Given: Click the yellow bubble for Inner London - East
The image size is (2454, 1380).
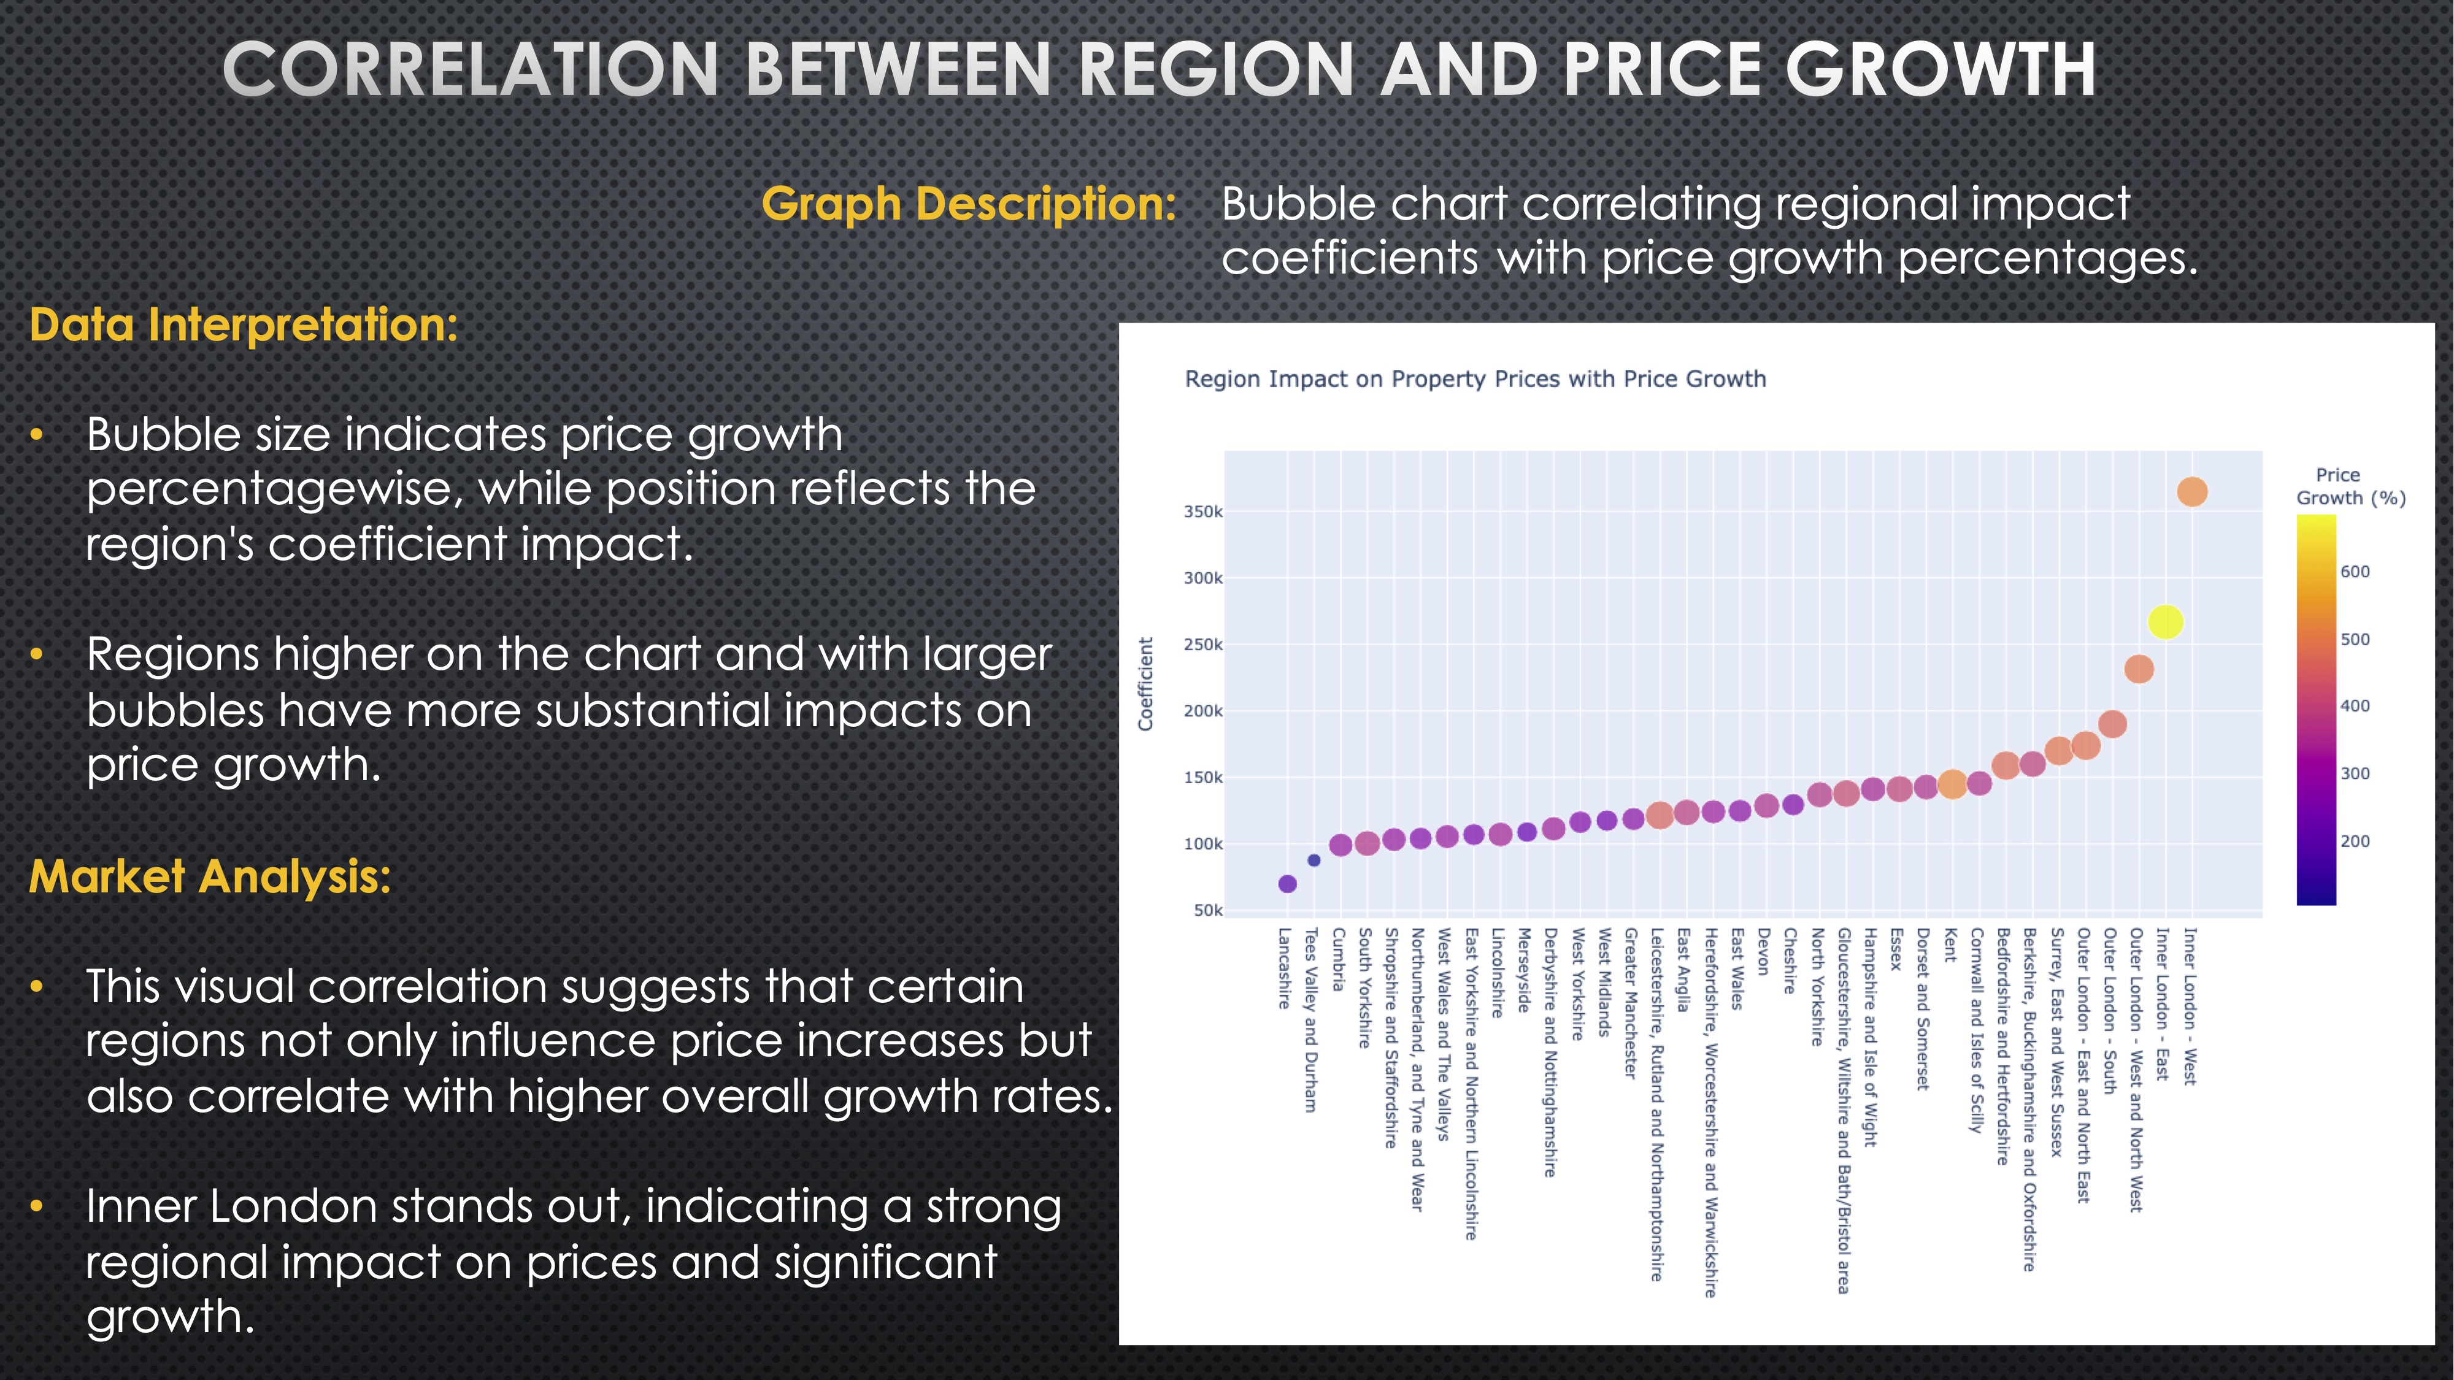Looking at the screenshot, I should click(x=2166, y=622).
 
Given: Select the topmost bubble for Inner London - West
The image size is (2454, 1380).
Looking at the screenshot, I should click(x=2192, y=491).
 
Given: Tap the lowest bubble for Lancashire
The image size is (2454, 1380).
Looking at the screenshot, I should click(x=1287, y=884).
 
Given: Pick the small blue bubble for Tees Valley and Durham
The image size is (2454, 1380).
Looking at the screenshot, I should click(x=1314, y=860).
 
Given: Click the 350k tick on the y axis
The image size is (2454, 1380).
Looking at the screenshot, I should click(x=1203, y=512).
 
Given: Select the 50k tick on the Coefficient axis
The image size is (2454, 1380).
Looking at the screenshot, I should click(x=1207, y=910).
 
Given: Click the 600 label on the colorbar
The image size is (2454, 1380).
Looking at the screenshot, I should click(x=2355, y=572).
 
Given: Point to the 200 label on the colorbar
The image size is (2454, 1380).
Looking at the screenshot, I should click(x=2355, y=841).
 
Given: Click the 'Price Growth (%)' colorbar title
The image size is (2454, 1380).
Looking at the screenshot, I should click(x=2350, y=486).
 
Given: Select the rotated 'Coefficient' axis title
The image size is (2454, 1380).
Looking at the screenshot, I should click(x=1146, y=684).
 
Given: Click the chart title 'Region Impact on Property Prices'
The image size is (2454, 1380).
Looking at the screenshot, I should click(x=1475, y=379).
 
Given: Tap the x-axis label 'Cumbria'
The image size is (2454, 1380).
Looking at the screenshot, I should click(x=1339, y=959).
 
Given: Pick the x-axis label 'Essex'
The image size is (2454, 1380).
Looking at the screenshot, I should click(x=1896, y=949).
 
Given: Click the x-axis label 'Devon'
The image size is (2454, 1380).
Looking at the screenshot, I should click(x=1763, y=951).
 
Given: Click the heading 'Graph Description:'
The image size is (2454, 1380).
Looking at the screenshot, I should click(x=969, y=204).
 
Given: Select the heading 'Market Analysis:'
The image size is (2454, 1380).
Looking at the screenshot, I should click(x=210, y=876).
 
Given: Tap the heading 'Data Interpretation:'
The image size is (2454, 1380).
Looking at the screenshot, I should click(x=243, y=325).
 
